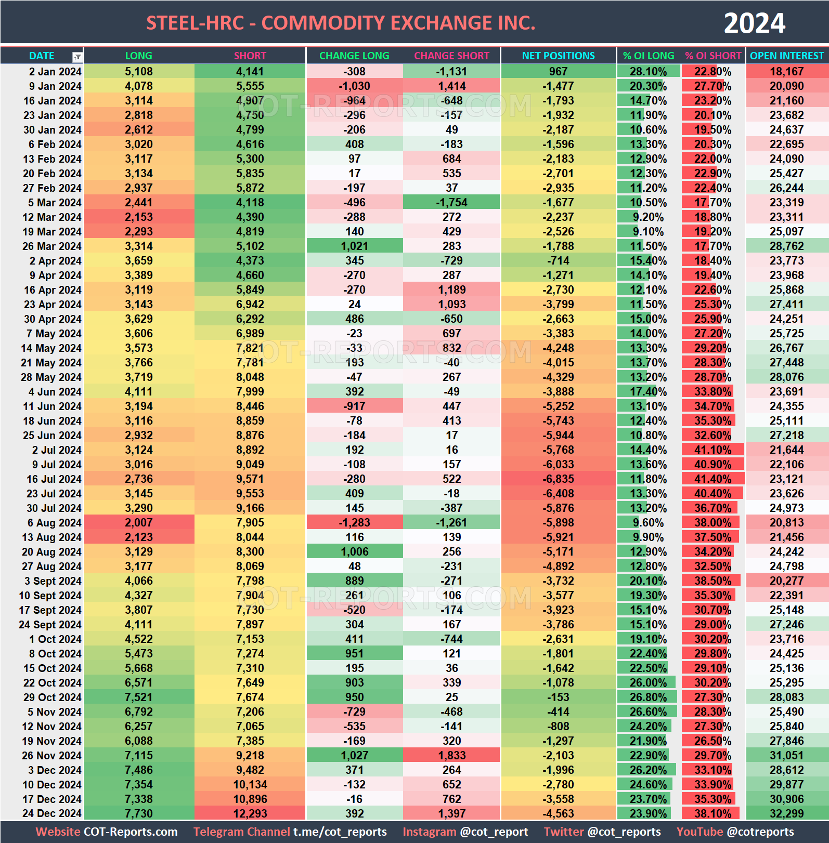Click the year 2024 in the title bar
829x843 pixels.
pos(754,23)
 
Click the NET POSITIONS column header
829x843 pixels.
pos(558,56)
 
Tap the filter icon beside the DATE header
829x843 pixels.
pos(77,57)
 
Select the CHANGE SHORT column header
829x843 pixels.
pos(451,56)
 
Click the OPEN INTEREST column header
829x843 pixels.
pos(786,56)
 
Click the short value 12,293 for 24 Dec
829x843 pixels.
pos(250,814)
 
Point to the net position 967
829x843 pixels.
pos(558,72)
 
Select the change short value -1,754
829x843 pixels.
pos(451,203)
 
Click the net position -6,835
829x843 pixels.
pos(558,479)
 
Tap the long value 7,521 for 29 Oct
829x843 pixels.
pos(139,697)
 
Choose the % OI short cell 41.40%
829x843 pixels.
pos(713,479)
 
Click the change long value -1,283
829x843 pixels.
pos(354,523)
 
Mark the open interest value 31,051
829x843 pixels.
pos(786,756)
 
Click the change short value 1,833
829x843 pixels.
pos(451,756)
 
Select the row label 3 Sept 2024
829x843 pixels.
pos(53,581)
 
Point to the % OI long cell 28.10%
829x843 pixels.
pos(648,72)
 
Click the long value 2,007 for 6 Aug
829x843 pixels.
pos(139,523)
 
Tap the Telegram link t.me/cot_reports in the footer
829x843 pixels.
pos(340,832)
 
